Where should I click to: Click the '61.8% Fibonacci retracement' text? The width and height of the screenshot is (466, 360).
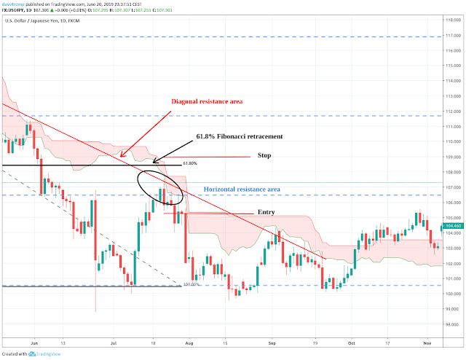[x=239, y=136]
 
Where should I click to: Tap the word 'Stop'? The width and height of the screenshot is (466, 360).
[x=265, y=155]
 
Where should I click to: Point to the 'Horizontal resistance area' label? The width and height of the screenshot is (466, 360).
[x=242, y=189]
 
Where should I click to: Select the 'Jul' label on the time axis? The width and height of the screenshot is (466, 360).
[x=114, y=340]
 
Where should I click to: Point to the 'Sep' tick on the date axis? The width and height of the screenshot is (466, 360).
[x=272, y=340]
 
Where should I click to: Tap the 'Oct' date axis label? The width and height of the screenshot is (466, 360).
[x=351, y=340]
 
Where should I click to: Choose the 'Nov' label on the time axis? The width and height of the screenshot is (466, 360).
[x=429, y=340]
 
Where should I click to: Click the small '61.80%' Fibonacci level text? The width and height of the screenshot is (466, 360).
[x=189, y=163]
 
